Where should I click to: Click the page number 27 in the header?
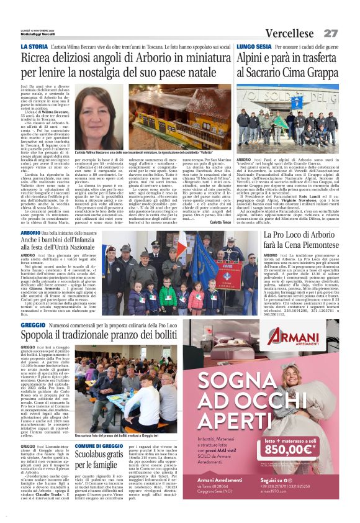330,32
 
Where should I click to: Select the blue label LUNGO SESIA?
253,47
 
